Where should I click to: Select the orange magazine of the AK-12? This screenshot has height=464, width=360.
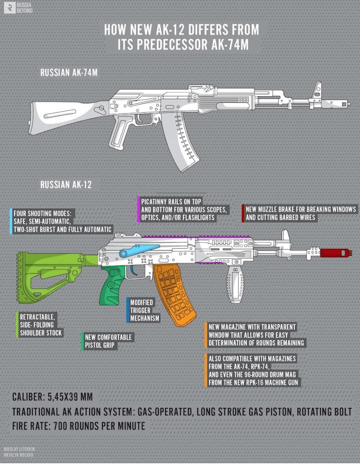pos(172,292)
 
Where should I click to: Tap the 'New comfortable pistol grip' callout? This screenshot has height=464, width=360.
pos(108,341)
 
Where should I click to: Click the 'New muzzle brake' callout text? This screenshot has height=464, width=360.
pos(300,213)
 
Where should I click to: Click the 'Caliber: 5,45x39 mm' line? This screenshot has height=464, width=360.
pos(52,398)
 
